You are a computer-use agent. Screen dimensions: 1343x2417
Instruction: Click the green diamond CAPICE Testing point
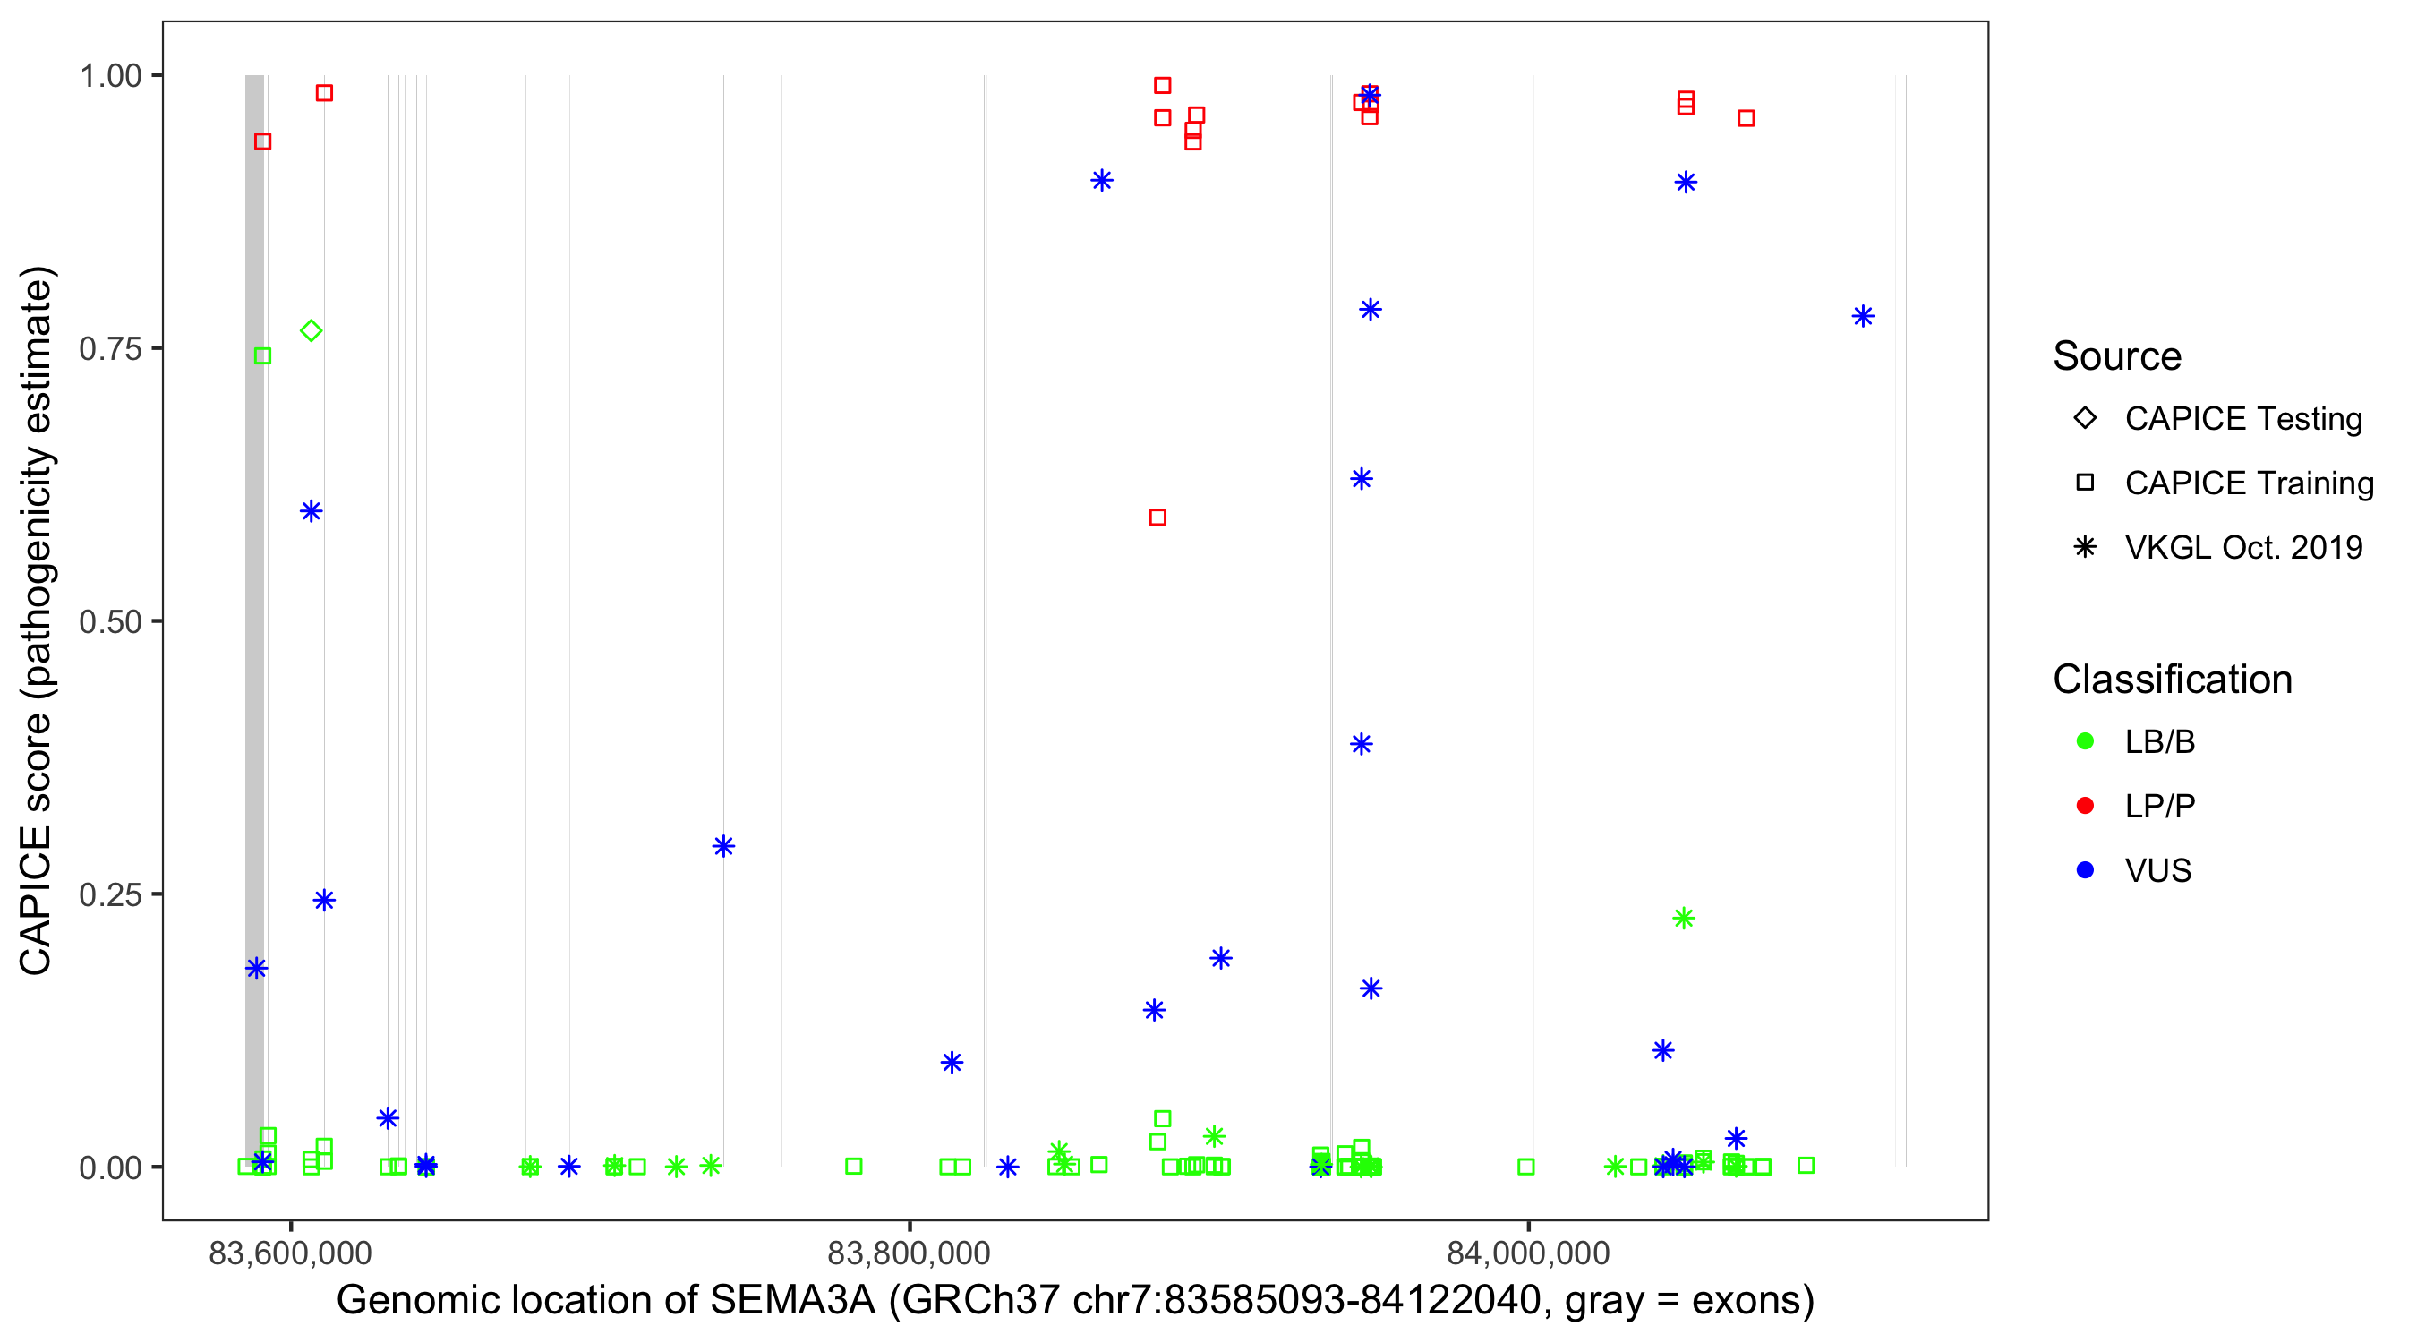coord(312,330)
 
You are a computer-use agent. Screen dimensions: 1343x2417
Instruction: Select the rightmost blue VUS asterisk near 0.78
coord(1863,316)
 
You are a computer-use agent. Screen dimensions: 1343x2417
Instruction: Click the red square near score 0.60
coord(1157,518)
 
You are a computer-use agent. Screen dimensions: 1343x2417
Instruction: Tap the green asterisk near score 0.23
coord(1684,918)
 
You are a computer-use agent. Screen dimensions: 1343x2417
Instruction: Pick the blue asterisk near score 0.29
coord(722,845)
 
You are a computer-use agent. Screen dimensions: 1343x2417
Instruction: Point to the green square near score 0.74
coord(262,355)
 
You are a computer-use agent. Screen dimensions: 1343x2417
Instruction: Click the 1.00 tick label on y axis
coord(110,76)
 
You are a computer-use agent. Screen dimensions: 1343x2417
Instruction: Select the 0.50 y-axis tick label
coord(110,621)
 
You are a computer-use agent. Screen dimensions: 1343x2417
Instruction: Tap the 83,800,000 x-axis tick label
coord(909,1253)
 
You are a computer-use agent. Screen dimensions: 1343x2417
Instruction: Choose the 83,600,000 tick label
coord(290,1253)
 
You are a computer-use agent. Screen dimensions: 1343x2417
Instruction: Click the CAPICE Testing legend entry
coord(2242,419)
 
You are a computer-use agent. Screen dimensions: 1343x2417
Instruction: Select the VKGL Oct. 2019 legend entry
coord(2242,547)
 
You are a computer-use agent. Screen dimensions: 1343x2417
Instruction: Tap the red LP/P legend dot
coord(2085,806)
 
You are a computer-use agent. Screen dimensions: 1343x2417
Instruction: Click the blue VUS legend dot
coord(2085,870)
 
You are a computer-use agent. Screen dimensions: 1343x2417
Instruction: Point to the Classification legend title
coord(2172,680)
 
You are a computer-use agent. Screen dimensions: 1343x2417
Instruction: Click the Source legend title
coord(2117,356)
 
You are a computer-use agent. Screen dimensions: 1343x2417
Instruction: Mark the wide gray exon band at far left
coord(254,620)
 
